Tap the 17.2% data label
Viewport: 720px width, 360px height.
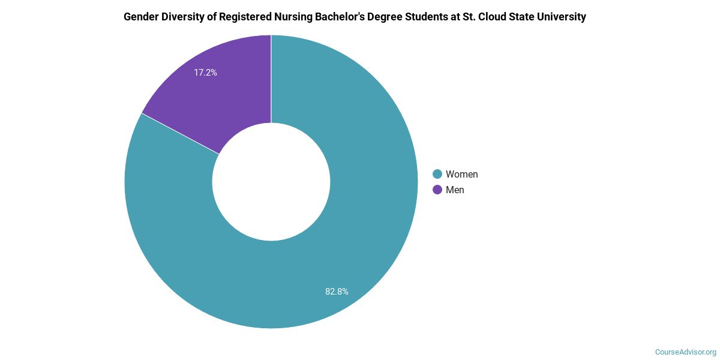[x=205, y=73]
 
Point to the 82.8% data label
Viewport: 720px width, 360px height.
[x=337, y=292]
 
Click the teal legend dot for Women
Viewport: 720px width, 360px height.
[x=437, y=174]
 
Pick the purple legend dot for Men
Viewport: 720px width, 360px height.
[x=437, y=190]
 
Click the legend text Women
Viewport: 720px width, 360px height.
[x=461, y=174]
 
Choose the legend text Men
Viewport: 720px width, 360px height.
[x=455, y=190]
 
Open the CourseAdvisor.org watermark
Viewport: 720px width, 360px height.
[x=685, y=352]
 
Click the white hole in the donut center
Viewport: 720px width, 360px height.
[x=271, y=182]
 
